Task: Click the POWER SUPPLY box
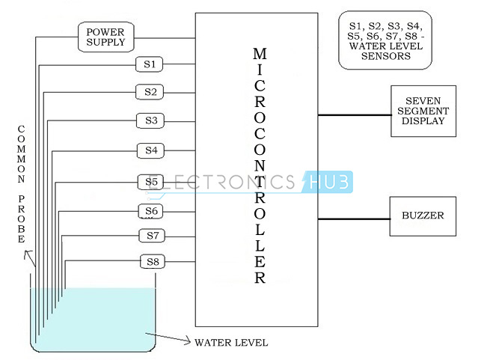point(106,37)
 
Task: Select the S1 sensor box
point(150,64)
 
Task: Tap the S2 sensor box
point(150,92)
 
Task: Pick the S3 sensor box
point(150,120)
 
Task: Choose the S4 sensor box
point(151,150)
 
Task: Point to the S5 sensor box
point(150,182)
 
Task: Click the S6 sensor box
point(150,211)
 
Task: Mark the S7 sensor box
point(152,236)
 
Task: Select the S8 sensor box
point(153,262)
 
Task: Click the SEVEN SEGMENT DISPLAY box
point(423,111)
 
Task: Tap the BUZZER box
point(423,216)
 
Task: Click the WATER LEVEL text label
point(231,343)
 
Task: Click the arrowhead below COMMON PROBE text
point(28,253)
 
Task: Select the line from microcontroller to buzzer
point(354,219)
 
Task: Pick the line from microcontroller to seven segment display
point(355,115)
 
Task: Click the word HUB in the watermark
point(329,182)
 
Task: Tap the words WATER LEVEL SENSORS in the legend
point(386,51)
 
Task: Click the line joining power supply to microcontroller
point(165,38)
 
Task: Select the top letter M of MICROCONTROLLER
point(260,54)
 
